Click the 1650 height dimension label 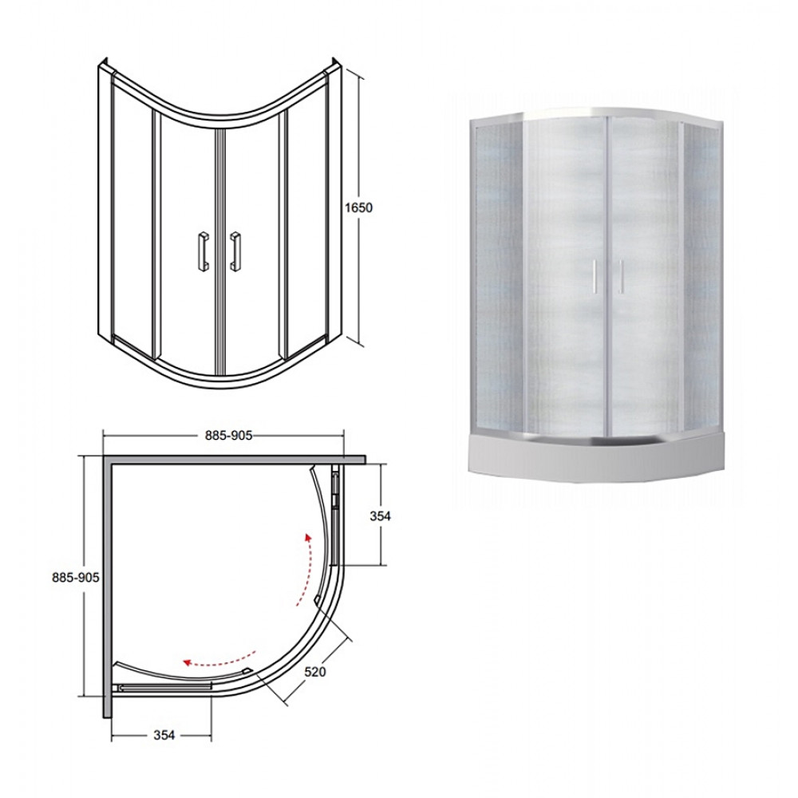pyautogui.click(x=358, y=207)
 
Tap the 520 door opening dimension pyautogui.click(x=314, y=672)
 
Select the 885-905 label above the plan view pyautogui.click(x=228, y=435)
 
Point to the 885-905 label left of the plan pyautogui.click(x=75, y=578)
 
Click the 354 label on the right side pyautogui.click(x=380, y=516)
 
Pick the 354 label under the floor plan pyautogui.click(x=164, y=735)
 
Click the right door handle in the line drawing pyautogui.click(x=235, y=252)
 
